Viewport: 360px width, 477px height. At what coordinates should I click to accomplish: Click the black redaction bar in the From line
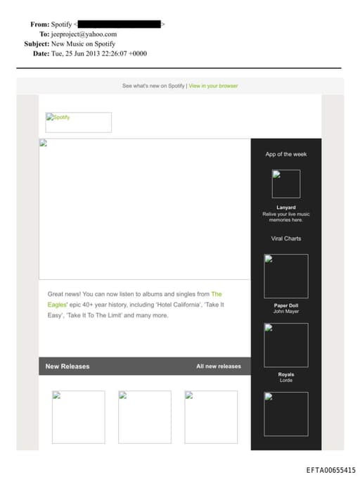(x=120, y=24)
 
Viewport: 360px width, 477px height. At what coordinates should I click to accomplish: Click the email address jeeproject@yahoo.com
(x=84, y=34)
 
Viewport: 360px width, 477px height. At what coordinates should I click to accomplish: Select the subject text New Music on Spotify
(x=83, y=44)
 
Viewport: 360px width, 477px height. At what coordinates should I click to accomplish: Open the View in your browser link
(x=213, y=86)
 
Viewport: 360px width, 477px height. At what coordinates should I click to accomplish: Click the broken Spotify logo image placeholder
(x=79, y=122)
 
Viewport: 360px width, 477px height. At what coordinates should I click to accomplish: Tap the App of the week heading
(x=285, y=154)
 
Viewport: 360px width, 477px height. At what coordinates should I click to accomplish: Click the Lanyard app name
(x=285, y=208)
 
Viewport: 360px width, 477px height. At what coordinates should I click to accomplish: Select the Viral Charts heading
(x=285, y=238)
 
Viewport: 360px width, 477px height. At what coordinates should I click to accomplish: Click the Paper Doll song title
(x=285, y=305)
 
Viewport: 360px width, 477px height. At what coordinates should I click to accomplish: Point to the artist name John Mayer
(x=285, y=311)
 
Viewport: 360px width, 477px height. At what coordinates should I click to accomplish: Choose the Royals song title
(x=285, y=374)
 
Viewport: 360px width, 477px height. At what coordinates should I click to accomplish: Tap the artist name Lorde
(x=285, y=380)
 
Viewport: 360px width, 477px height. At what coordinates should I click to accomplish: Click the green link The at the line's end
(x=217, y=294)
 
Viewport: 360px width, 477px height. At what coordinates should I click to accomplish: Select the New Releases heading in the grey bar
(x=67, y=367)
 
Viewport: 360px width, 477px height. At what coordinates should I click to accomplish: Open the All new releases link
(x=219, y=367)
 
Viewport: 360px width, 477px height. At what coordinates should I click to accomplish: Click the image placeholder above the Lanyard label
(x=285, y=184)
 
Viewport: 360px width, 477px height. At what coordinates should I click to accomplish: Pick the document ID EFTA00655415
(x=330, y=470)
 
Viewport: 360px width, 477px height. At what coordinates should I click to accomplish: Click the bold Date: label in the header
(x=41, y=53)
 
